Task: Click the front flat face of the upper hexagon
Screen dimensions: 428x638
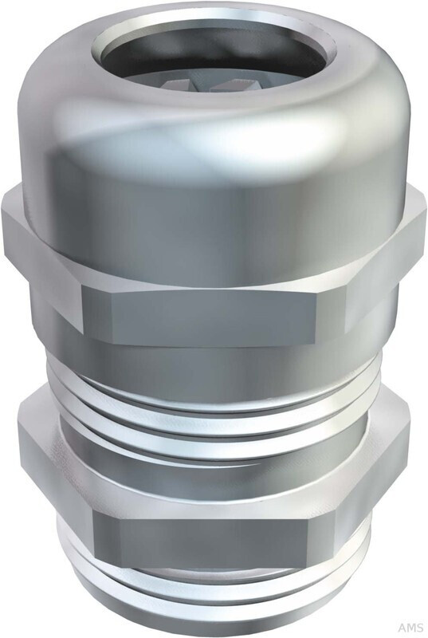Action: (199, 315)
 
